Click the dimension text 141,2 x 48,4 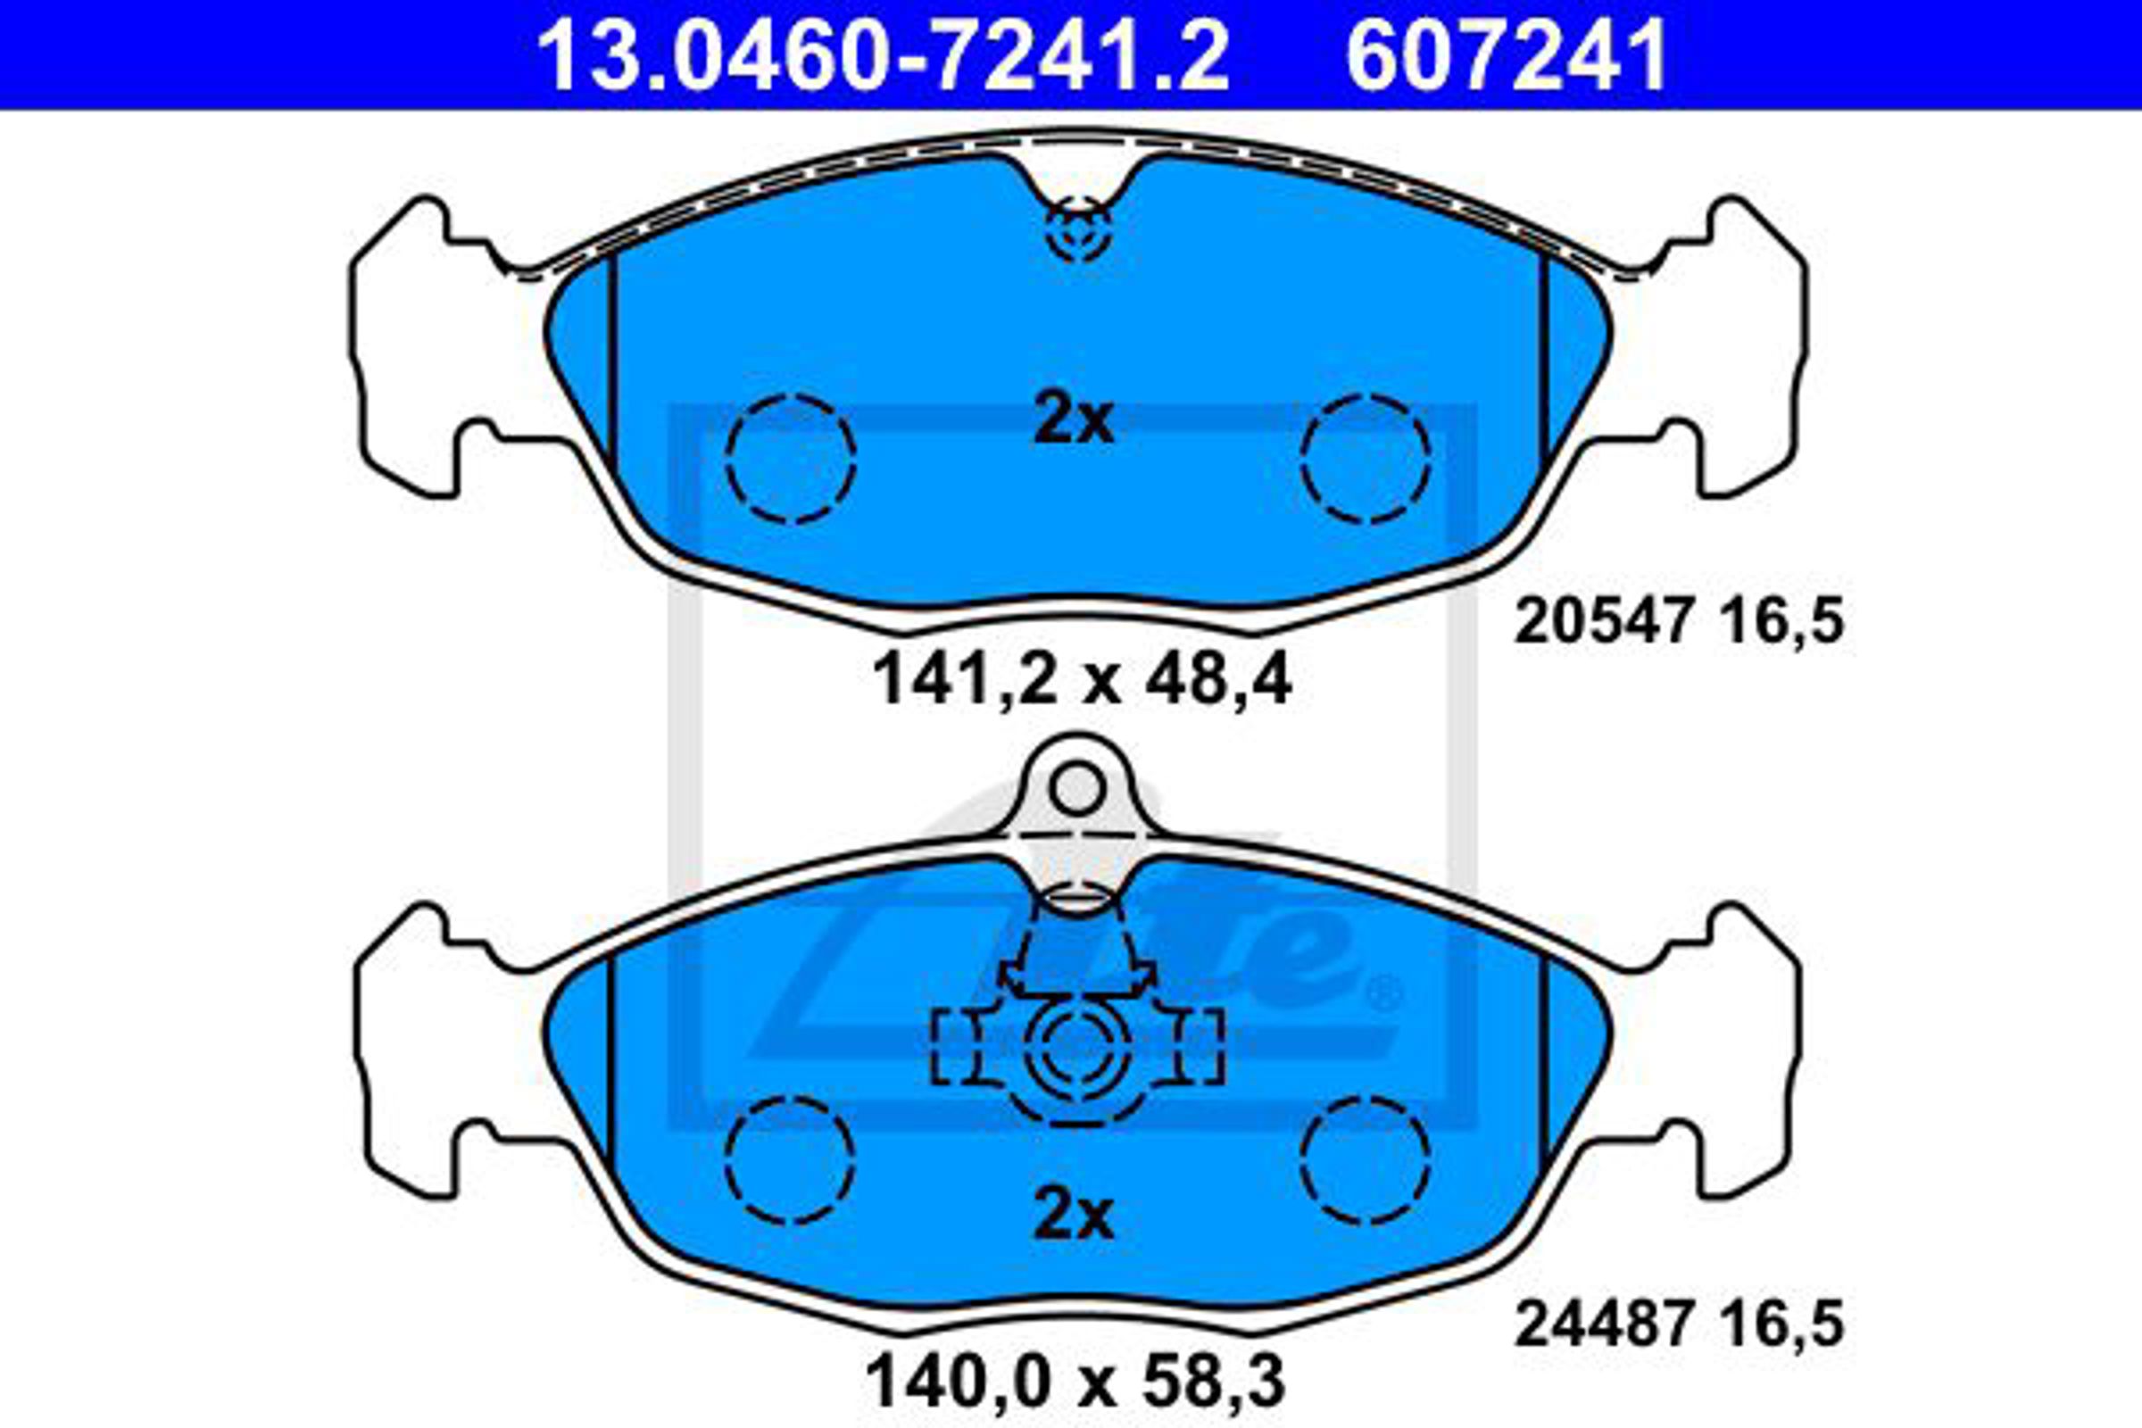coord(1081,680)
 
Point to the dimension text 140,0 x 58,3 coord(1075,1383)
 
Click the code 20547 coord(1603,623)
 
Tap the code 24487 coord(1603,1324)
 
